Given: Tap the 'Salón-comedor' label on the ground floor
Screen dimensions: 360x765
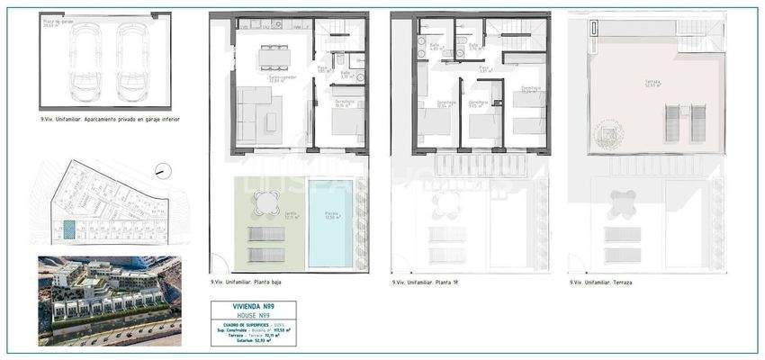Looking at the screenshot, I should [x=283, y=76].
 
